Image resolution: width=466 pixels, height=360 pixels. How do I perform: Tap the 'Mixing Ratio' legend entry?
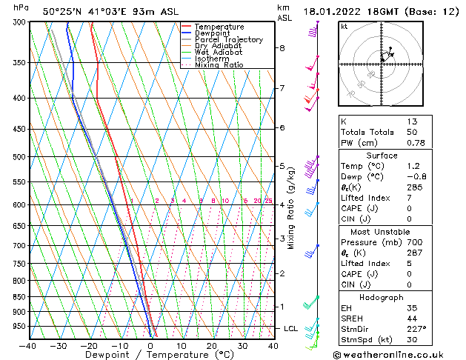[x=219, y=65]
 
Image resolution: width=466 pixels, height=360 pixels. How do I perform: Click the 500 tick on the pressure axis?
[x=17, y=157]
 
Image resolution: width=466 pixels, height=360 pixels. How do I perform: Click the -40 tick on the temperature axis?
[x=28, y=345]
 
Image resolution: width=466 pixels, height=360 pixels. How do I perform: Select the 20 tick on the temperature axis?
[x=212, y=345]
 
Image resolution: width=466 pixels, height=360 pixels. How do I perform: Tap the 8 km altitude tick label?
[x=282, y=48]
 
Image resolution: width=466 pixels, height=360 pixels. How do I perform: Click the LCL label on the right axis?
[x=291, y=328]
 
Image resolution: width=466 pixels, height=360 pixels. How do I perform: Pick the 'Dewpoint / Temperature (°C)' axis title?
[x=150, y=355]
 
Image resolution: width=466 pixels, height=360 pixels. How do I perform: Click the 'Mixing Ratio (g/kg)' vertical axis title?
[x=291, y=208]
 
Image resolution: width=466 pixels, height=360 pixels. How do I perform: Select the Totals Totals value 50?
[x=412, y=131]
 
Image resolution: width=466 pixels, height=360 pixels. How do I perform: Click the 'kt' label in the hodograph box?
[x=344, y=26]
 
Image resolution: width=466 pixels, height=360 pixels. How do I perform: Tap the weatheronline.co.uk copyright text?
[x=400, y=355]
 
